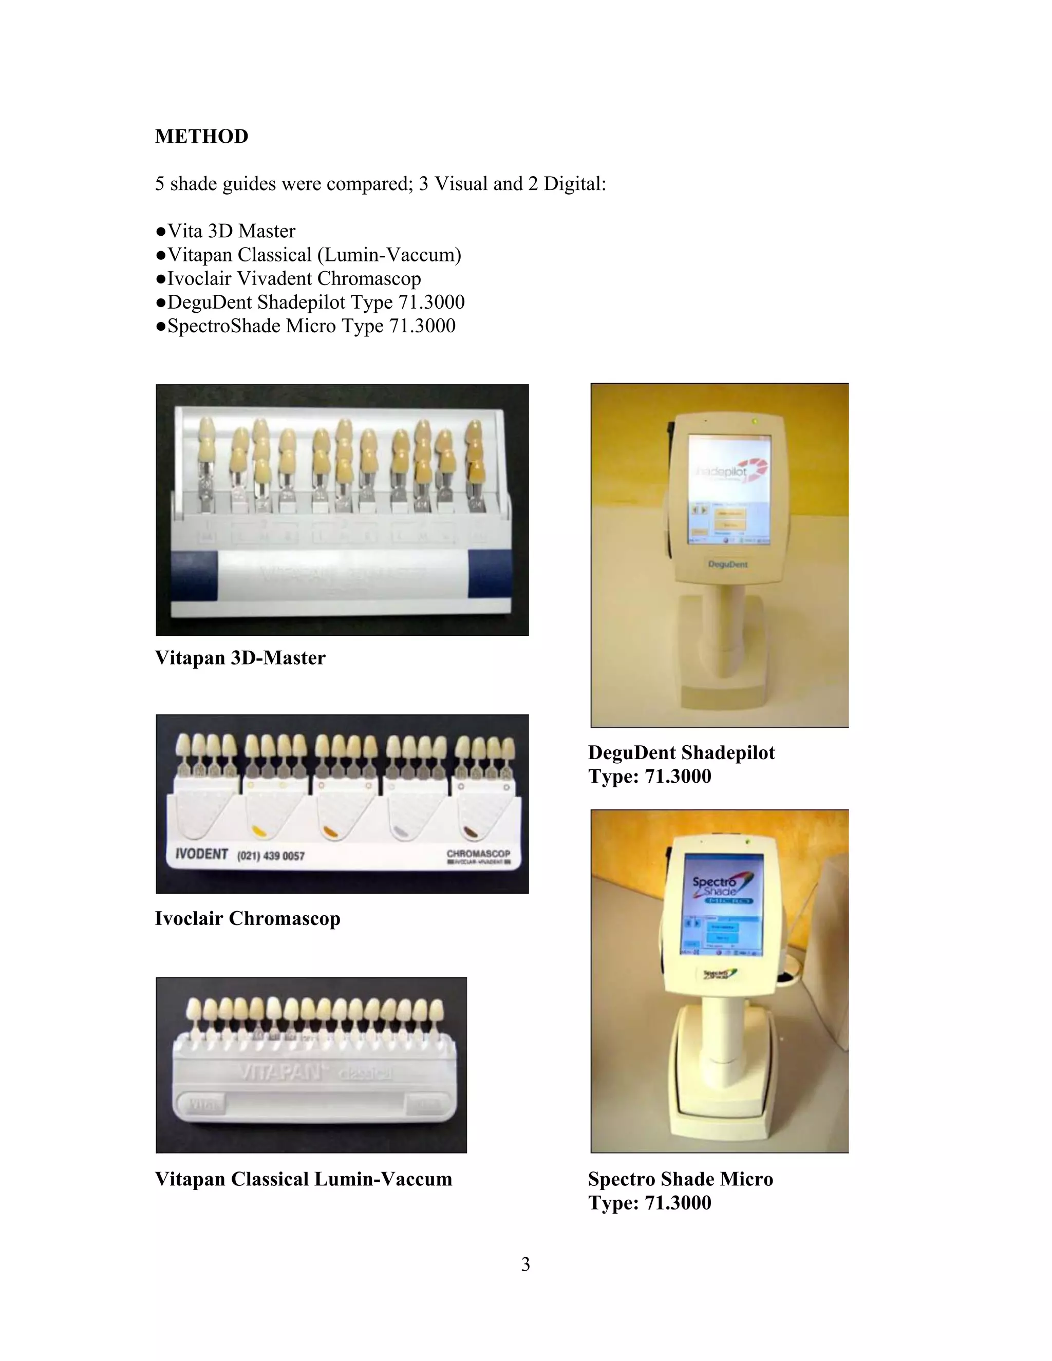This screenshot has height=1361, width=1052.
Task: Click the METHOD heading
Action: pyautogui.click(x=201, y=137)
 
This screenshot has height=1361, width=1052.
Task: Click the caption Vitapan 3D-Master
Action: pyautogui.click(x=240, y=658)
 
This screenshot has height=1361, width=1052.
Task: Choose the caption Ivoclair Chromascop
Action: pyautogui.click(x=248, y=919)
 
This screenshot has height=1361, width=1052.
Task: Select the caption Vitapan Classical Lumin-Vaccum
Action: pyautogui.click(x=304, y=1179)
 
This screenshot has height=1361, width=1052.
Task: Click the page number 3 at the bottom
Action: pyautogui.click(x=525, y=1264)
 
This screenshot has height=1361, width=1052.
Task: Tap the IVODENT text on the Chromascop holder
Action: pyautogui.click(x=201, y=854)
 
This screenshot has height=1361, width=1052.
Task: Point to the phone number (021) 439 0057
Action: pyautogui.click(x=271, y=856)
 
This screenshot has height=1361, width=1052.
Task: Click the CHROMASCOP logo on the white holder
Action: pyautogui.click(x=478, y=854)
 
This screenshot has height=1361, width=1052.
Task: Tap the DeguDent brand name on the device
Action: pyautogui.click(x=727, y=564)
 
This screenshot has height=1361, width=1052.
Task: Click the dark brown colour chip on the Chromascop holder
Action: pyautogui.click(x=472, y=830)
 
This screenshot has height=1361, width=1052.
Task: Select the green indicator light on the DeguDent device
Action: pyautogui.click(x=755, y=422)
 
